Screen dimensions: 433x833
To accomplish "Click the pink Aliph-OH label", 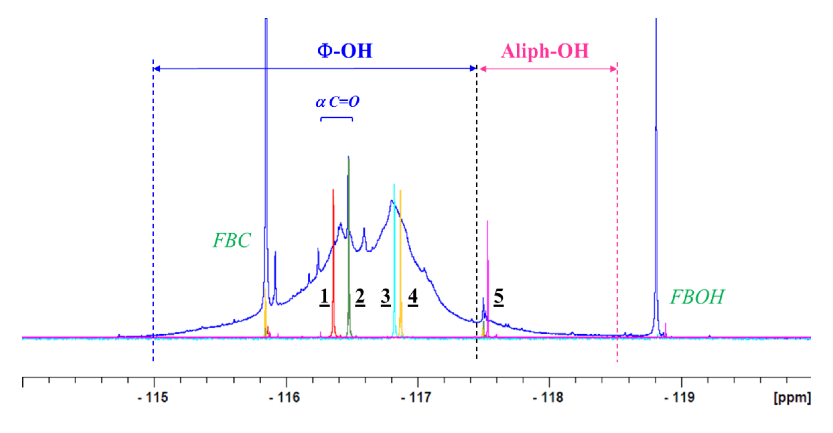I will click(545, 51).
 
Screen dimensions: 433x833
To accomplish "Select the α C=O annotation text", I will click(337, 102).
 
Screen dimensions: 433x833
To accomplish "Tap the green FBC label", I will click(232, 240).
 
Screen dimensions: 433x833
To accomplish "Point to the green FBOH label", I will click(697, 297).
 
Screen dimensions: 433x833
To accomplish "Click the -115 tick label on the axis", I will click(153, 397).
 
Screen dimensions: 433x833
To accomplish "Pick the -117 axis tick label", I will click(416, 397).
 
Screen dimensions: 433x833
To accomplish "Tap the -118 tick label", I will click(548, 397).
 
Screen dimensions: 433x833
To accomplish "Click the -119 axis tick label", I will click(680, 397).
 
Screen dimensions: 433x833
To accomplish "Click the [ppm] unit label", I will click(792, 397).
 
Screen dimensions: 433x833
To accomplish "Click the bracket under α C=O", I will click(337, 118).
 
